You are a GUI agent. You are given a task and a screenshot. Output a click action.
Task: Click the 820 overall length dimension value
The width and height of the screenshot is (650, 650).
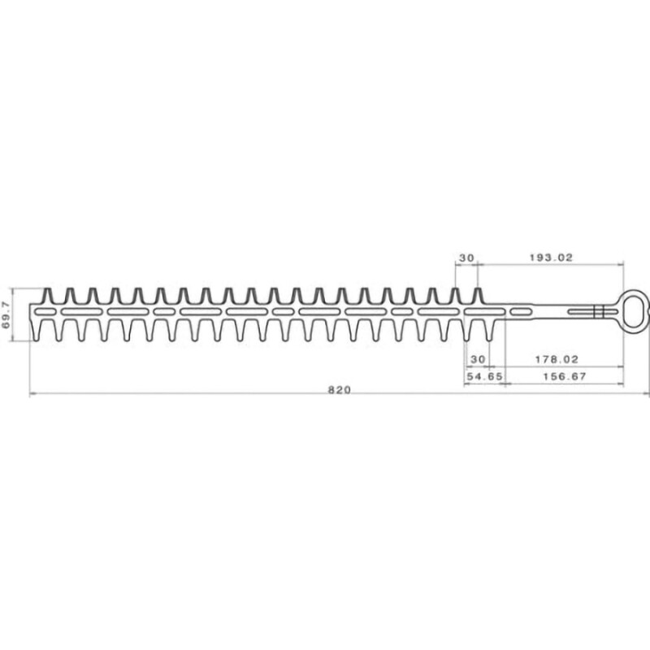tap(339, 389)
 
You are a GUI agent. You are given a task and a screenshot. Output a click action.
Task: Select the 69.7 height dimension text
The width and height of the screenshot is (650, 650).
tap(7, 313)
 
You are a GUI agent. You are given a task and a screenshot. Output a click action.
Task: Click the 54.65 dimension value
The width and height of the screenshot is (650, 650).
tap(484, 377)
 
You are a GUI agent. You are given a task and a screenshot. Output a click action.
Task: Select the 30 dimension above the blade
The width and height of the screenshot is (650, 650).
tap(466, 257)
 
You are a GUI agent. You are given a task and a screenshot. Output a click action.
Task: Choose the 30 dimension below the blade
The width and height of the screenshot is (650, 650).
tap(478, 358)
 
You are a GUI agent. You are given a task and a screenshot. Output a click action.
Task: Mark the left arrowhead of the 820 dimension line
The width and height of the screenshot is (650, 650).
tap(32, 395)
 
